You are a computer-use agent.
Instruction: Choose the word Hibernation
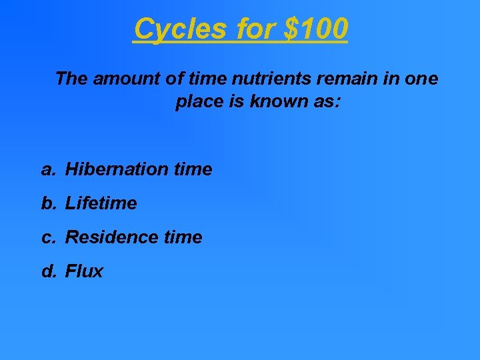[117, 170]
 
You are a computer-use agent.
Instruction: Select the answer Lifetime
[101, 203]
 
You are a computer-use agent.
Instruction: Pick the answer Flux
[84, 271]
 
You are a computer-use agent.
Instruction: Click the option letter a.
[47, 170]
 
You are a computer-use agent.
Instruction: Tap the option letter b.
[47, 203]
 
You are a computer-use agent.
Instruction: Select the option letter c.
[47, 237]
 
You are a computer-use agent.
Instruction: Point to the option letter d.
[47, 271]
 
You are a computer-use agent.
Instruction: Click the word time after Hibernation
[193, 170]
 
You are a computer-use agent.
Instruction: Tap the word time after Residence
[183, 237]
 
